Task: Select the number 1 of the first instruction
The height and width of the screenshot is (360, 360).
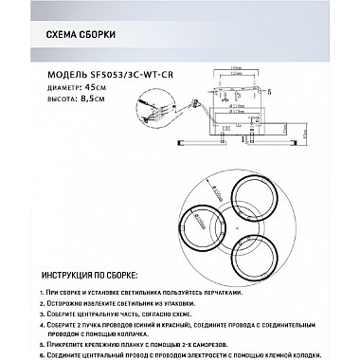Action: tap(47, 297)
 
